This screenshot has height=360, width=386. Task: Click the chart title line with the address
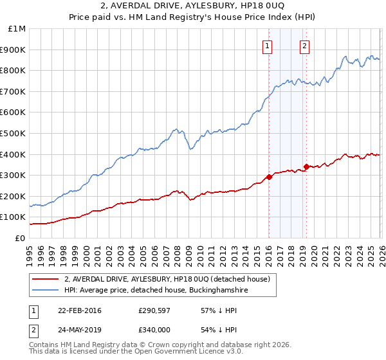coord(193,6)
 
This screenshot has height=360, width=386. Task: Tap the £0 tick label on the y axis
coord(20,238)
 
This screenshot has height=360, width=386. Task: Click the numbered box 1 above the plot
coord(266,46)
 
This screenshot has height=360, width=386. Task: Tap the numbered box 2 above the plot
coord(304,46)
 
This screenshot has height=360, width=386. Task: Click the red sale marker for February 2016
coord(269,177)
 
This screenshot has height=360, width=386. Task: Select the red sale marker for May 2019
coord(306,166)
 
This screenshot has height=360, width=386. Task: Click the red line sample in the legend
coord(45,279)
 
